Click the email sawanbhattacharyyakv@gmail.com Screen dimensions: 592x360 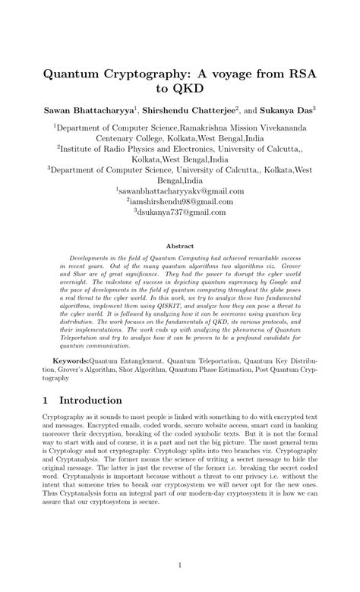(181, 192)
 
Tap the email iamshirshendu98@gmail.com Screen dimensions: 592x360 (181, 203)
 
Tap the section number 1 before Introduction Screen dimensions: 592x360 (46, 400)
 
